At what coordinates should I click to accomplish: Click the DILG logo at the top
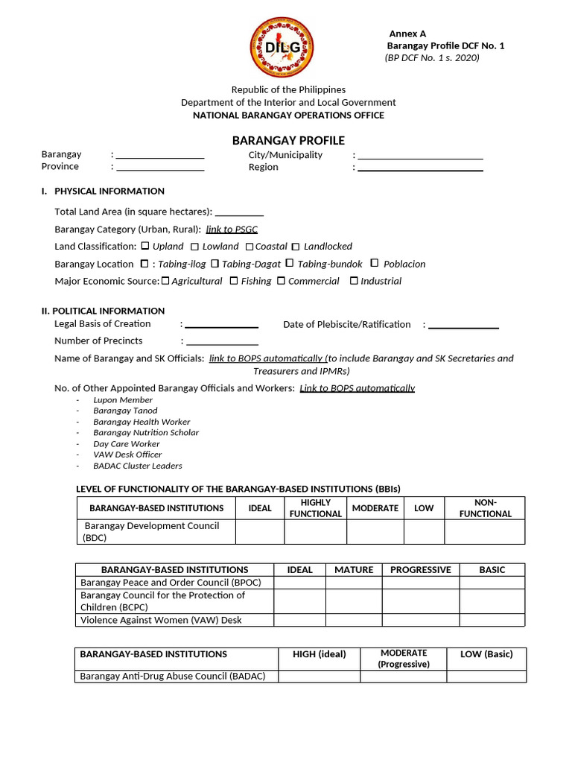point(282,48)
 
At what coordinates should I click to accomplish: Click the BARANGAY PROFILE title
point(288,140)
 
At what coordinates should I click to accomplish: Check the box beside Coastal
point(250,247)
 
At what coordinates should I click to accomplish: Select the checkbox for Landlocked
point(296,247)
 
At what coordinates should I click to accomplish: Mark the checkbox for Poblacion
point(375,263)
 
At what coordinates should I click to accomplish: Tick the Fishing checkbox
point(234,281)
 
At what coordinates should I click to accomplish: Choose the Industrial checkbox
point(354,281)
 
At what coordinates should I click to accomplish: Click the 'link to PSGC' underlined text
point(232,229)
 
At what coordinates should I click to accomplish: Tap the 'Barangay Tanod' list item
point(125,411)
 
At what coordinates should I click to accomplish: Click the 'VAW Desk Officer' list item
point(127,455)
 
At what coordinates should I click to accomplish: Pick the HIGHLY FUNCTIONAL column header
point(315,508)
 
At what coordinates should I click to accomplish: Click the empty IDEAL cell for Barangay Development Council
point(260,532)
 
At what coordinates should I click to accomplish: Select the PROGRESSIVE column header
point(421,569)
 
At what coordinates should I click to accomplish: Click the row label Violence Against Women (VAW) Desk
point(161,620)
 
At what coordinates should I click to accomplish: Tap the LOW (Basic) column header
point(486,654)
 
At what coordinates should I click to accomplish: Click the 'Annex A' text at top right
point(407,34)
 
